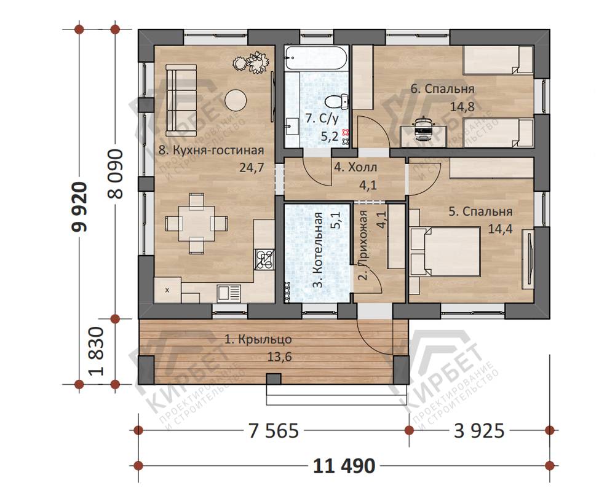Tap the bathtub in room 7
tap(316, 58)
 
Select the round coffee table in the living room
tap(236, 100)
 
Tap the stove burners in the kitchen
tap(264, 259)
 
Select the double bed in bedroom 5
tap(445, 251)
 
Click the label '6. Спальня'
tap(442, 89)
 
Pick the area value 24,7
tap(252, 168)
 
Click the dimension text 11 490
tap(344, 466)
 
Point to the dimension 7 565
tap(274, 431)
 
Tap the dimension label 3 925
tap(479, 431)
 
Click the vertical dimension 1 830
tap(97, 352)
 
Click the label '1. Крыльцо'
tap(258, 339)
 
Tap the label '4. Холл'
tap(355, 167)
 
